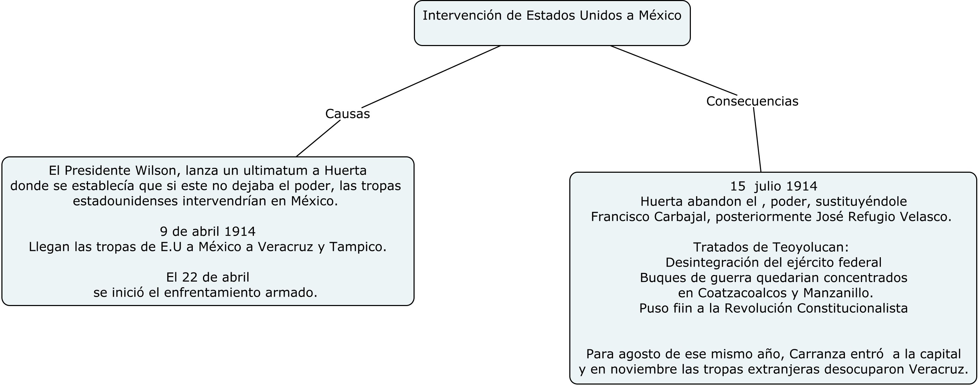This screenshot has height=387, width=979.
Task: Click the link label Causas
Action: tap(348, 113)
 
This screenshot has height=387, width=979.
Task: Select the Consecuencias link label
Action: tap(752, 101)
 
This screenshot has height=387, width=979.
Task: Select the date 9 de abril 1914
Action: tap(207, 231)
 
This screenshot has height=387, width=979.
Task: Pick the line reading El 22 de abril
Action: tap(207, 277)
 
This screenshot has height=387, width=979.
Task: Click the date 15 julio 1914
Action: tap(773, 186)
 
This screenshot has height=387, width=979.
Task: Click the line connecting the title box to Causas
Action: tap(431, 77)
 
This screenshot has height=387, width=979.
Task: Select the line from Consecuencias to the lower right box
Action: tap(757, 140)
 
